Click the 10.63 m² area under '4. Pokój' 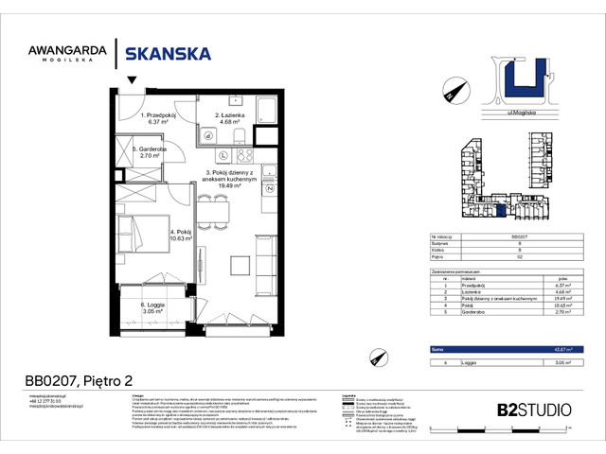(x=180, y=239)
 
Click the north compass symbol (x=449, y=92)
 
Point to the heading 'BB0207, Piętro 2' (x=80, y=380)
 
